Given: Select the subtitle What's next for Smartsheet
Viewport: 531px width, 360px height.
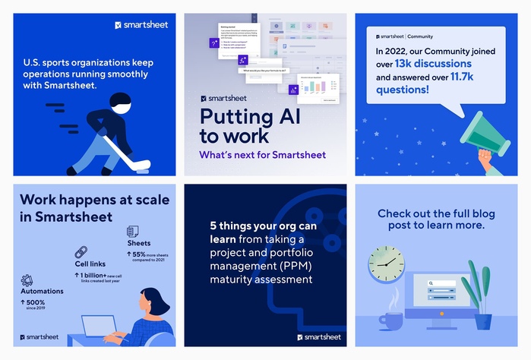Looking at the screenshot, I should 261,155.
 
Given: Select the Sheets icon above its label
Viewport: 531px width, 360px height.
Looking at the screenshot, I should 132,231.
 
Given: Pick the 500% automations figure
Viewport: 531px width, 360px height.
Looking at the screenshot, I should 39,303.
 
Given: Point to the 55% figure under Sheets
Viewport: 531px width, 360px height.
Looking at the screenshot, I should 141,254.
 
